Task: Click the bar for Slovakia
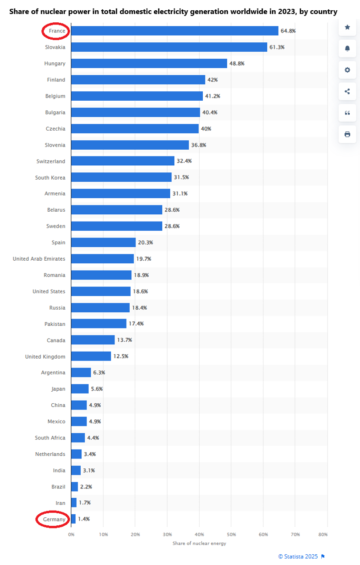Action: pyautogui.click(x=169, y=47)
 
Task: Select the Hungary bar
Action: pyautogui.click(x=149, y=63)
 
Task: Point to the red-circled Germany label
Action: pyautogui.click(x=53, y=520)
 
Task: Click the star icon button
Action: pyautogui.click(x=348, y=27)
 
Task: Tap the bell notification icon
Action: pyautogui.click(x=348, y=49)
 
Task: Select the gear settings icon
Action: pyautogui.click(x=348, y=70)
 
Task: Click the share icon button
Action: pyautogui.click(x=348, y=91)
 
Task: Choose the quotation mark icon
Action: pyautogui.click(x=348, y=113)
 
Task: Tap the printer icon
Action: pyautogui.click(x=348, y=134)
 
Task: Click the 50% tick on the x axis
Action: pyautogui.click(x=231, y=534)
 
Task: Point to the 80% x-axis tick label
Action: pyautogui.click(x=323, y=534)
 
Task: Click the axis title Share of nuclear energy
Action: pyautogui.click(x=199, y=543)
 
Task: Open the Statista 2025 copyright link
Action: pyautogui.click(x=298, y=556)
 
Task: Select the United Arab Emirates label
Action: pyautogui.click(x=39, y=259)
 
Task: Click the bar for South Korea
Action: pyautogui.click(x=121, y=177)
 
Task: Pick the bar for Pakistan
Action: pyautogui.click(x=98, y=324)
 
